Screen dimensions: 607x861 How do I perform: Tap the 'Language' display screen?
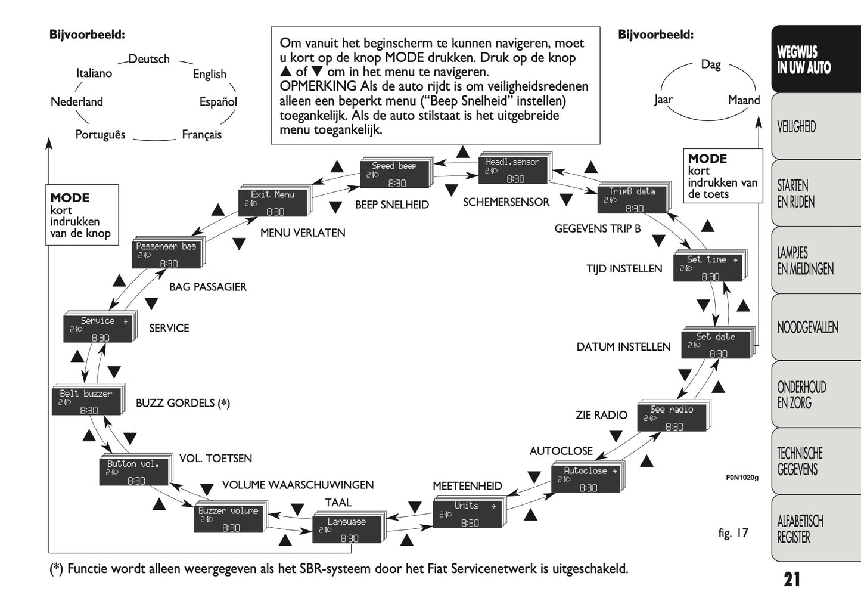(x=346, y=529)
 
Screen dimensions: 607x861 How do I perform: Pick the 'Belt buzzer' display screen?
(x=86, y=401)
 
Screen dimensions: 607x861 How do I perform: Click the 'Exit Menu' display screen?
(x=272, y=203)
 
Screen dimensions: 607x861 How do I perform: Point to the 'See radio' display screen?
(x=672, y=418)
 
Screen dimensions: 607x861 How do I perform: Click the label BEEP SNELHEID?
(x=392, y=205)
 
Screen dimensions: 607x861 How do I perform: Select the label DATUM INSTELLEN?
(x=623, y=346)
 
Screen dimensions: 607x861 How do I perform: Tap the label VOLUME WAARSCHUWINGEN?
(x=298, y=485)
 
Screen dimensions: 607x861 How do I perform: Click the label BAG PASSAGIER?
(x=207, y=287)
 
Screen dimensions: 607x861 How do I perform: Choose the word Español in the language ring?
(x=218, y=102)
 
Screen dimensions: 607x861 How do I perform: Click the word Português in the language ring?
(x=100, y=134)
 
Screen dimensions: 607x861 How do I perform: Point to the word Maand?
(x=744, y=100)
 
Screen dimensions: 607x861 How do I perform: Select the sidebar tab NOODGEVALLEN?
(x=807, y=327)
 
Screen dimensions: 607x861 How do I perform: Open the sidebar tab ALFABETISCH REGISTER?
(x=800, y=529)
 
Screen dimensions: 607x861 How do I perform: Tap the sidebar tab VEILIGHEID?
(x=796, y=126)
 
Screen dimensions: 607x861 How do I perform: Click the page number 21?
(x=792, y=579)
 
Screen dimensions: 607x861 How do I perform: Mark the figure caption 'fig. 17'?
(x=733, y=533)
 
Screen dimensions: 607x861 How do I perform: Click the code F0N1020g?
(x=742, y=477)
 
